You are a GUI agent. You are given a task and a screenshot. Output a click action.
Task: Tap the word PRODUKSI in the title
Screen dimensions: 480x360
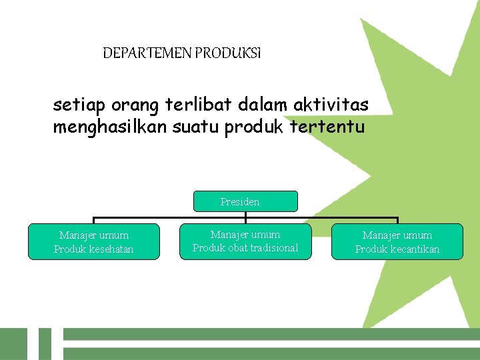point(228,53)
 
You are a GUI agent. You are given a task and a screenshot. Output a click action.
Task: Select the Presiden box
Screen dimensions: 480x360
point(245,201)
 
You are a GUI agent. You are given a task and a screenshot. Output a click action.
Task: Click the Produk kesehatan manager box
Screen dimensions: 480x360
point(93,241)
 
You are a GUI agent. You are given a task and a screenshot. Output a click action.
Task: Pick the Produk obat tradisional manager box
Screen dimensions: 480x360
point(245,241)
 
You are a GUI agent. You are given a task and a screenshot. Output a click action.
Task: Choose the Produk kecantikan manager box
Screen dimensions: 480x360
point(397,241)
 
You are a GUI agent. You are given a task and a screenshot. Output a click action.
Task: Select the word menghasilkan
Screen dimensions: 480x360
point(106,127)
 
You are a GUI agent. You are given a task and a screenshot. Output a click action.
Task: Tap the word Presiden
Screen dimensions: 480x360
point(240,201)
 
